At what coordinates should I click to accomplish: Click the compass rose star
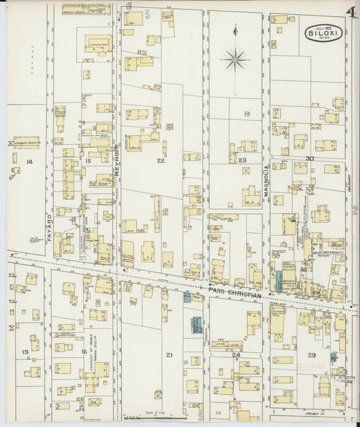(x=235, y=59)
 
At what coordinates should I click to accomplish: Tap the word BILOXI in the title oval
(x=319, y=32)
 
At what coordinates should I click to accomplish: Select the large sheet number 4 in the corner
(x=351, y=12)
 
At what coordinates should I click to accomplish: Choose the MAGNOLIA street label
(x=267, y=180)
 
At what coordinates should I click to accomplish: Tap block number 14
(x=29, y=162)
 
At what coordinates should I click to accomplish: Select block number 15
(x=88, y=161)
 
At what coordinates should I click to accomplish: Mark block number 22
(x=160, y=160)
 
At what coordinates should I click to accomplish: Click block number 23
(x=242, y=160)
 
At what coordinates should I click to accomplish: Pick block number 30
(x=309, y=158)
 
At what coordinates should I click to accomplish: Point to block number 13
(x=25, y=352)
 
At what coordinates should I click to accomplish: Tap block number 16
(x=83, y=351)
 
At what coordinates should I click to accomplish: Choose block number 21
(x=170, y=355)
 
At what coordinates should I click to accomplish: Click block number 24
(x=236, y=354)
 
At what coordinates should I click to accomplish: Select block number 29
(x=311, y=355)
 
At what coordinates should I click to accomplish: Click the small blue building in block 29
(x=334, y=356)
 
